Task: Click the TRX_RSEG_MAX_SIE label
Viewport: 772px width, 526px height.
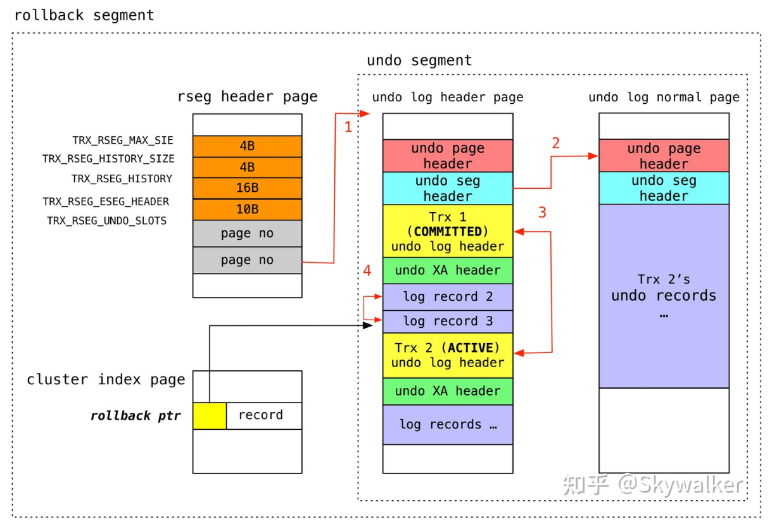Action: click(122, 141)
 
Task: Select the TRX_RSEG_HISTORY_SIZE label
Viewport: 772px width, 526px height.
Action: click(108, 159)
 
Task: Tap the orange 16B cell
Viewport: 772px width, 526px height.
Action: click(247, 188)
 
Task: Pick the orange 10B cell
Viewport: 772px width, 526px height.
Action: click(247, 210)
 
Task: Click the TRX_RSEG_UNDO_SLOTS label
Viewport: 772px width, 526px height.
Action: click(106, 221)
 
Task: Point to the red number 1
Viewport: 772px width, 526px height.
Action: click(348, 127)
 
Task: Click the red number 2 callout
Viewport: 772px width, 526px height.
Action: click(555, 143)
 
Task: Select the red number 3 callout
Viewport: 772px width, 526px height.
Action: click(542, 213)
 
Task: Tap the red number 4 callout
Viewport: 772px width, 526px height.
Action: click(367, 271)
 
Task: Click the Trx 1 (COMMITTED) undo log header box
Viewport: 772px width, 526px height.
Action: click(448, 231)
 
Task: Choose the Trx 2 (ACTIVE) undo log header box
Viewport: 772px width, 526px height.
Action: click(448, 355)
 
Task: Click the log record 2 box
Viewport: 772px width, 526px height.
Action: click(448, 297)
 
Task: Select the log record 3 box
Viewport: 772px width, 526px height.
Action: click(448, 321)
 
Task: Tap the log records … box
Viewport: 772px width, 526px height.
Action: click(448, 425)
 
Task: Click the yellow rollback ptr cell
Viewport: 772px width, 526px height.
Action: click(210, 416)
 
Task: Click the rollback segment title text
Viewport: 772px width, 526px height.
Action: click(84, 15)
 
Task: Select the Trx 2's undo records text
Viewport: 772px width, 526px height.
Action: click(664, 296)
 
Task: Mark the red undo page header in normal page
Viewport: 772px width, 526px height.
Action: click(664, 156)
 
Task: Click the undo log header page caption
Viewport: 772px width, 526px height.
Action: click(448, 97)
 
